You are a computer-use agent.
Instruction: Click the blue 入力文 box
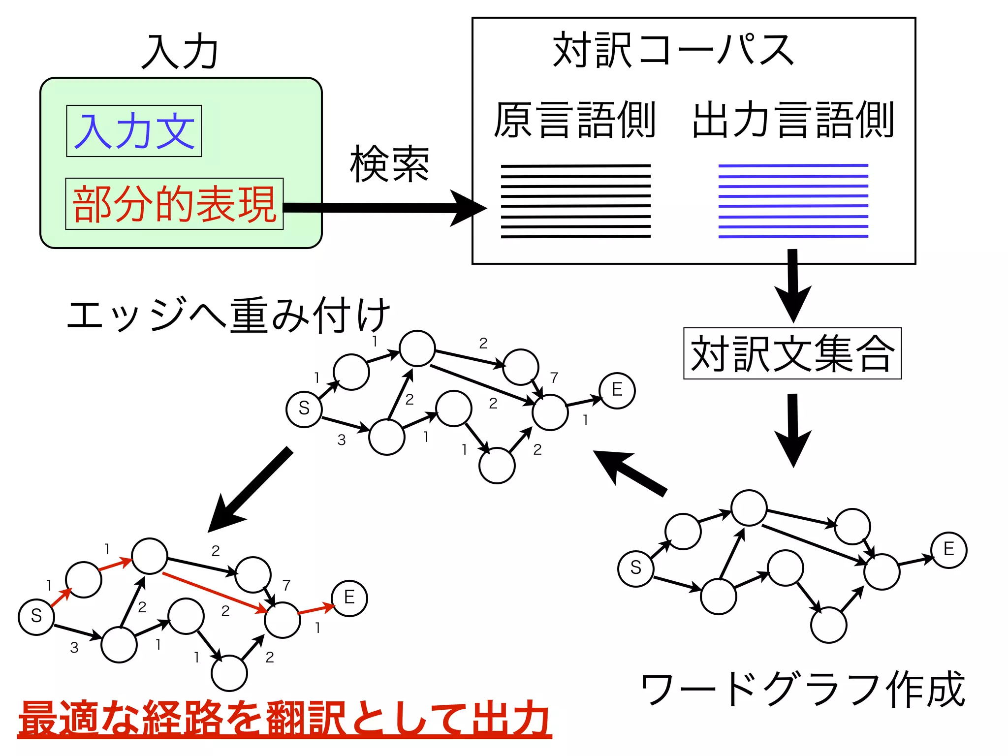[134, 131]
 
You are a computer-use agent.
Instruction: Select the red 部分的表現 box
[174, 204]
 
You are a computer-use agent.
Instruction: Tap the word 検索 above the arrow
[389, 164]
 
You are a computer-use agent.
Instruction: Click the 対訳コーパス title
[673, 50]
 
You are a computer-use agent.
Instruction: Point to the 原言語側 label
[574, 120]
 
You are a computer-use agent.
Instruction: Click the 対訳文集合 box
[792, 353]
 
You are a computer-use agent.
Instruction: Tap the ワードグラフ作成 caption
[802, 689]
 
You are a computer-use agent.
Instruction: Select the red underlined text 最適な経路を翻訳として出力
[284, 719]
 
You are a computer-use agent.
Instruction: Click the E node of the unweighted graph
[948, 550]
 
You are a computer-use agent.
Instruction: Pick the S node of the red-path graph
[36, 616]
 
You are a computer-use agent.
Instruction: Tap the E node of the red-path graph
[349, 598]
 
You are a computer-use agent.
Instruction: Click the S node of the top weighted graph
[304, 409]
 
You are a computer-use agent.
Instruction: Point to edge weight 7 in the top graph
[554, 378]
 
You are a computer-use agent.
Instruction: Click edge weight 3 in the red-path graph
[74, 648]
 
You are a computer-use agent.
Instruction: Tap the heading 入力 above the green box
[180, 51]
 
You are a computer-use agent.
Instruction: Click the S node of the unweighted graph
[635, 568]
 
